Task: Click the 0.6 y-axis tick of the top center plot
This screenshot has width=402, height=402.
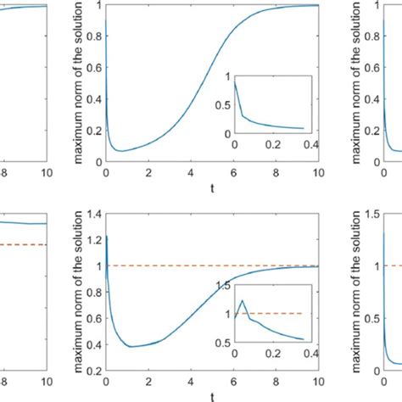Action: pos(95,70)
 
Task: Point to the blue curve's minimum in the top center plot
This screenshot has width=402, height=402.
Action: pos(121,151)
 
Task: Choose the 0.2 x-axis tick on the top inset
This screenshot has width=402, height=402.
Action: pos(270,144)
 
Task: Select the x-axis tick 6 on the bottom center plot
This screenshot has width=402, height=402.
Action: pos(232,382)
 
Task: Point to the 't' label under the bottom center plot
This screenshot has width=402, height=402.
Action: pos(211,397)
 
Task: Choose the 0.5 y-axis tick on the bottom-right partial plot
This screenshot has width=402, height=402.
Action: pos(368,319)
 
